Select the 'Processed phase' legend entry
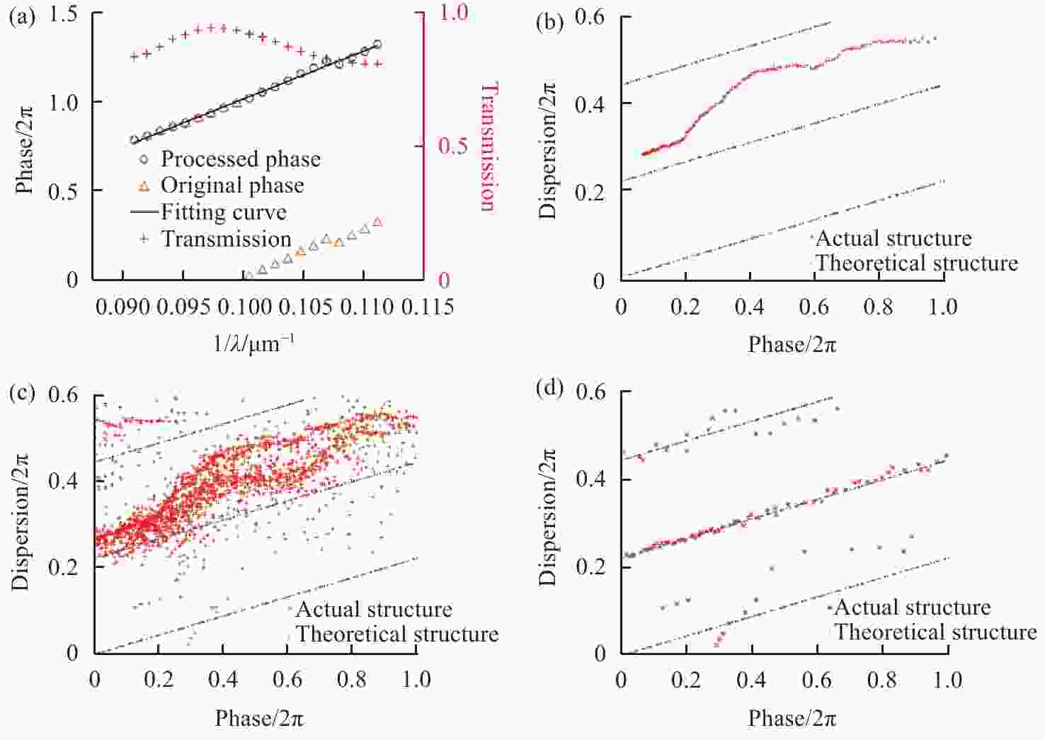click(240, 159)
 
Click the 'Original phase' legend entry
click(232, 186)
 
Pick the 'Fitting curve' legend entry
click(223, 212)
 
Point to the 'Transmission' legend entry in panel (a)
click(225, 239)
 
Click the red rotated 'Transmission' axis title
click(490, 147)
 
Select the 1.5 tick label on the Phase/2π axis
click(63, 13)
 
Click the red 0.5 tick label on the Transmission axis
click(452, 147)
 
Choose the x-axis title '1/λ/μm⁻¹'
click(253, 344)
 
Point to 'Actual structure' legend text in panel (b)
click(893, 238)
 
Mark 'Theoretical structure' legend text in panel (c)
click(396, 634)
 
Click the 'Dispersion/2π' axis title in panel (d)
click(547, 523)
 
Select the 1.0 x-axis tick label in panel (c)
click(416, 680)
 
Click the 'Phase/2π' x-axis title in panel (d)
click(792, 719)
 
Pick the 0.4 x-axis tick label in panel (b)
click(749, 307)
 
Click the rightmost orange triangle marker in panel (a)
click(377, 222)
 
